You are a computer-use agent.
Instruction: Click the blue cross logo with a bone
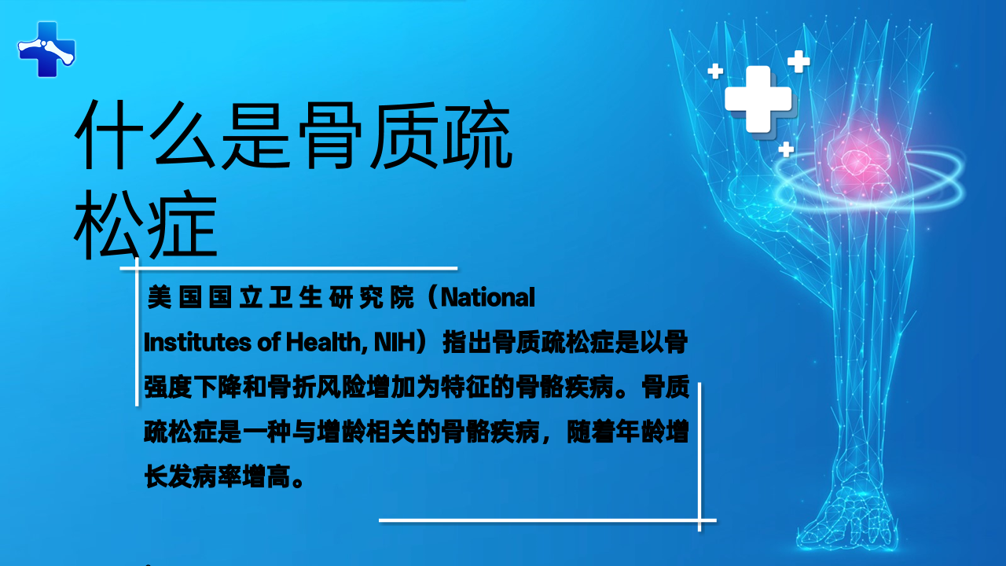[46, 50]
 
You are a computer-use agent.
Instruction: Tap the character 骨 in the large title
[331, 134]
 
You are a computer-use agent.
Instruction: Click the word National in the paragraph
[488, 297]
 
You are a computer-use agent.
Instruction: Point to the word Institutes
[197, 342]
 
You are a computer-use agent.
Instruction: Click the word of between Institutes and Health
[269, 342]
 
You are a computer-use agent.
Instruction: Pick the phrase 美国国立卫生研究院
[281, 297]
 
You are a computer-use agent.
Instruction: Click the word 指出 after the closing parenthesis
[467, 342]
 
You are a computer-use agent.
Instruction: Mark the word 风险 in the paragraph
[341, 388]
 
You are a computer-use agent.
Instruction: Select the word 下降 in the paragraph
[218, 388]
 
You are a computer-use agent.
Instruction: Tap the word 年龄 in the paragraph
[640, 432]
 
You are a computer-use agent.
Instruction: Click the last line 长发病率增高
[224, 476]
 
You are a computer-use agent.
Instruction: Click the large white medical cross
[758, 99]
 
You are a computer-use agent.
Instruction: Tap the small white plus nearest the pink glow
[786, 149]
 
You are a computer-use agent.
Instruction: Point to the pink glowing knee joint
[857, 163]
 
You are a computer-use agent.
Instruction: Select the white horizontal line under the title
[288, 269]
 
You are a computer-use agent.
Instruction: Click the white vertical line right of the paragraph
[699, 457]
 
